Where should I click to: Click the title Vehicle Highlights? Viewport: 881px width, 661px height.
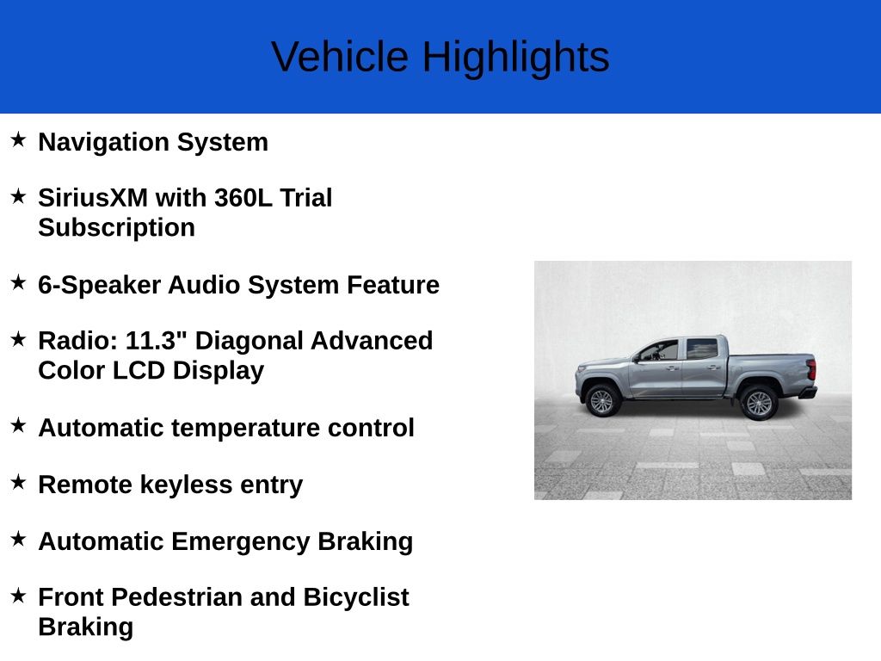[x=440, y=57]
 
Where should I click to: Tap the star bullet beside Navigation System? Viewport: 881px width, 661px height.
[x=18, y=139]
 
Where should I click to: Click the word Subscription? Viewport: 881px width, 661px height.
[x=116, y=228]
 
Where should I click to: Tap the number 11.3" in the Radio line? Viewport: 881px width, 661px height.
[x=157, y=341]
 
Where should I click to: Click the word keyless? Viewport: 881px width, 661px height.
[x=200, y=485]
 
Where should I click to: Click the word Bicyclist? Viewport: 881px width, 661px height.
[x=355, y=597]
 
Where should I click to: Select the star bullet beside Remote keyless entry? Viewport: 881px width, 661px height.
[x=18, y=482]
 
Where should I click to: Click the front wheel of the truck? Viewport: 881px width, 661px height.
[x=601, y=400]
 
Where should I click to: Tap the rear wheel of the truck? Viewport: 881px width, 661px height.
[x=758, y=402]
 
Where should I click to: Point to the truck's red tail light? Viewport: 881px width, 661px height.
[x=810, y=370]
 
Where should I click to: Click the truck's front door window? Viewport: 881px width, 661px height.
[x=661, y=350]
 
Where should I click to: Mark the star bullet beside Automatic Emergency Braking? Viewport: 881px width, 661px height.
[x=18, y=539]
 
